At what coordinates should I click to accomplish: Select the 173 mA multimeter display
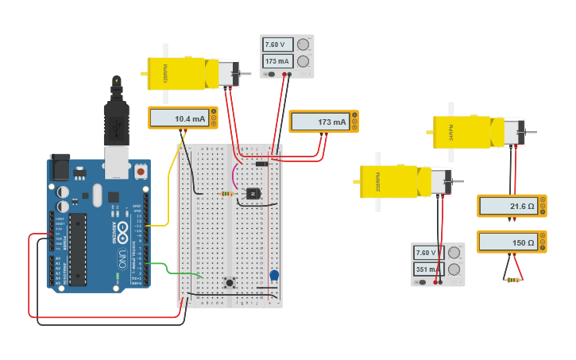click(x=320, y=122)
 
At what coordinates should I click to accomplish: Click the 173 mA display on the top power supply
click(x=278, y=61)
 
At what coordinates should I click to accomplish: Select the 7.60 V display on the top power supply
click(x=278, y=45)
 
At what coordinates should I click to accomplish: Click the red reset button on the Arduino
click(x=141, y=171)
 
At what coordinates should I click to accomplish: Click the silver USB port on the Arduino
click(x=116, y=162)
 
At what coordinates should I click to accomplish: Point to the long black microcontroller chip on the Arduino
click(x=78, y=248)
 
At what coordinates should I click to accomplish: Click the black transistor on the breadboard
click(x=253, y=193)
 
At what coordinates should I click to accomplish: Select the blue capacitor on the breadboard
click(x=274, y=276)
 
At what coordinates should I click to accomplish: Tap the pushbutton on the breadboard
click(x=230, y=282)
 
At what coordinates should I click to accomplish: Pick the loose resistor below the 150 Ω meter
click(x=512, y=280)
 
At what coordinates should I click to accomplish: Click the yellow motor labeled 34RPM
click(x=469, y=132)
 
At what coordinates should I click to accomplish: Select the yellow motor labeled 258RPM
click(x=395, y=181)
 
